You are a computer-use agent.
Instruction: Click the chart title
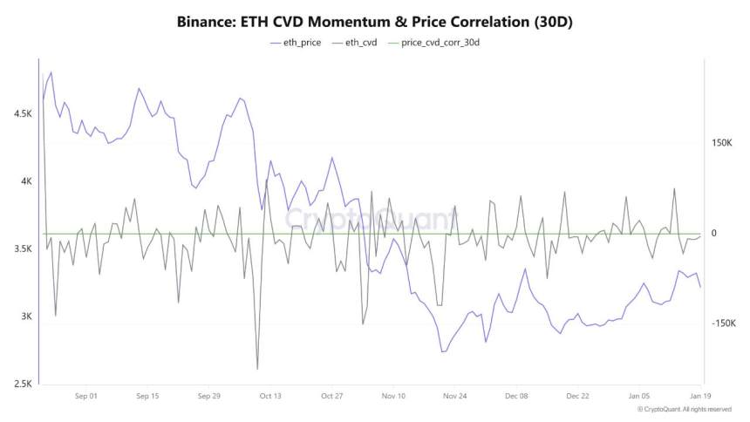375,19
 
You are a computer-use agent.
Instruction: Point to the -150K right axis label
724,323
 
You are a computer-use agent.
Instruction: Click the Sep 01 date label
86,396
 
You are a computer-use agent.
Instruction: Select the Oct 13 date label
270,396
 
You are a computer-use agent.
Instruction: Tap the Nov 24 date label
454,396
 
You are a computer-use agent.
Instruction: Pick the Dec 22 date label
577,396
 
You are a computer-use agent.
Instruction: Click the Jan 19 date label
689,396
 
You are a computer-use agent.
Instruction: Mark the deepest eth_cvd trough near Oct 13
257,369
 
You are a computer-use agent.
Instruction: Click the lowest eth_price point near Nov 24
443,351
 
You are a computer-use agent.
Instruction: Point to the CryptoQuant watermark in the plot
371,218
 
